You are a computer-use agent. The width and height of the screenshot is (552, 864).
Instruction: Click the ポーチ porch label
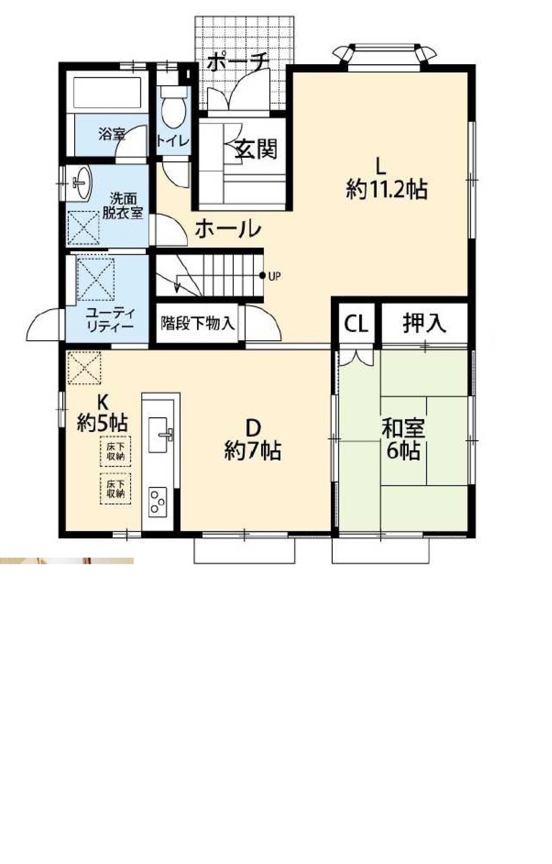coord(238,62)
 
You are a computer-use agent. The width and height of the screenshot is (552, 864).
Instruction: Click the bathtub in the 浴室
coord(107,92)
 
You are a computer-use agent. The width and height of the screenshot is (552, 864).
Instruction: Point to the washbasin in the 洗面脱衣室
coord(82,182)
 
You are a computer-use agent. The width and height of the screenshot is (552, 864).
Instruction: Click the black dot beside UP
coord(263,275)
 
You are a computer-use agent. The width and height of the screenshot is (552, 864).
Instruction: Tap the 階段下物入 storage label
coord(197,323)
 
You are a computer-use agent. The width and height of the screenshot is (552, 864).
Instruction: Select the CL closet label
coord(356,324)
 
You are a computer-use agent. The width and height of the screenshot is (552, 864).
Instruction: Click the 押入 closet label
coord(424,323)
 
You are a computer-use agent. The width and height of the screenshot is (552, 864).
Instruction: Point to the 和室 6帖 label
coord(403,439)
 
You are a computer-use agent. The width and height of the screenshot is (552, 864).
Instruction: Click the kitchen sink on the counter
coord(161,434)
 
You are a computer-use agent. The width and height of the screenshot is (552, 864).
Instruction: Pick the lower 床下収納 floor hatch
coord(115,489)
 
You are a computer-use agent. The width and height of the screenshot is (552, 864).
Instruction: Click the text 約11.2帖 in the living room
coord(386,190)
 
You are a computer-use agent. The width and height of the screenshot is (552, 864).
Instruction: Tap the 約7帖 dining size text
coord(252,450)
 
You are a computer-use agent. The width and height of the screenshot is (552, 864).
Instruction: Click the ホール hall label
coord(228,229)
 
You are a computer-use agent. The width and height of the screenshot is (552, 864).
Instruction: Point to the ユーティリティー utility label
coord(111,319)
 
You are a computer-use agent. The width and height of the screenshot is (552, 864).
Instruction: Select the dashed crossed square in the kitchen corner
coord(84,368)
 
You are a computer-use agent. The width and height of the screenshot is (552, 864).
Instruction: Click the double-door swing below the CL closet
coord(356,358)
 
